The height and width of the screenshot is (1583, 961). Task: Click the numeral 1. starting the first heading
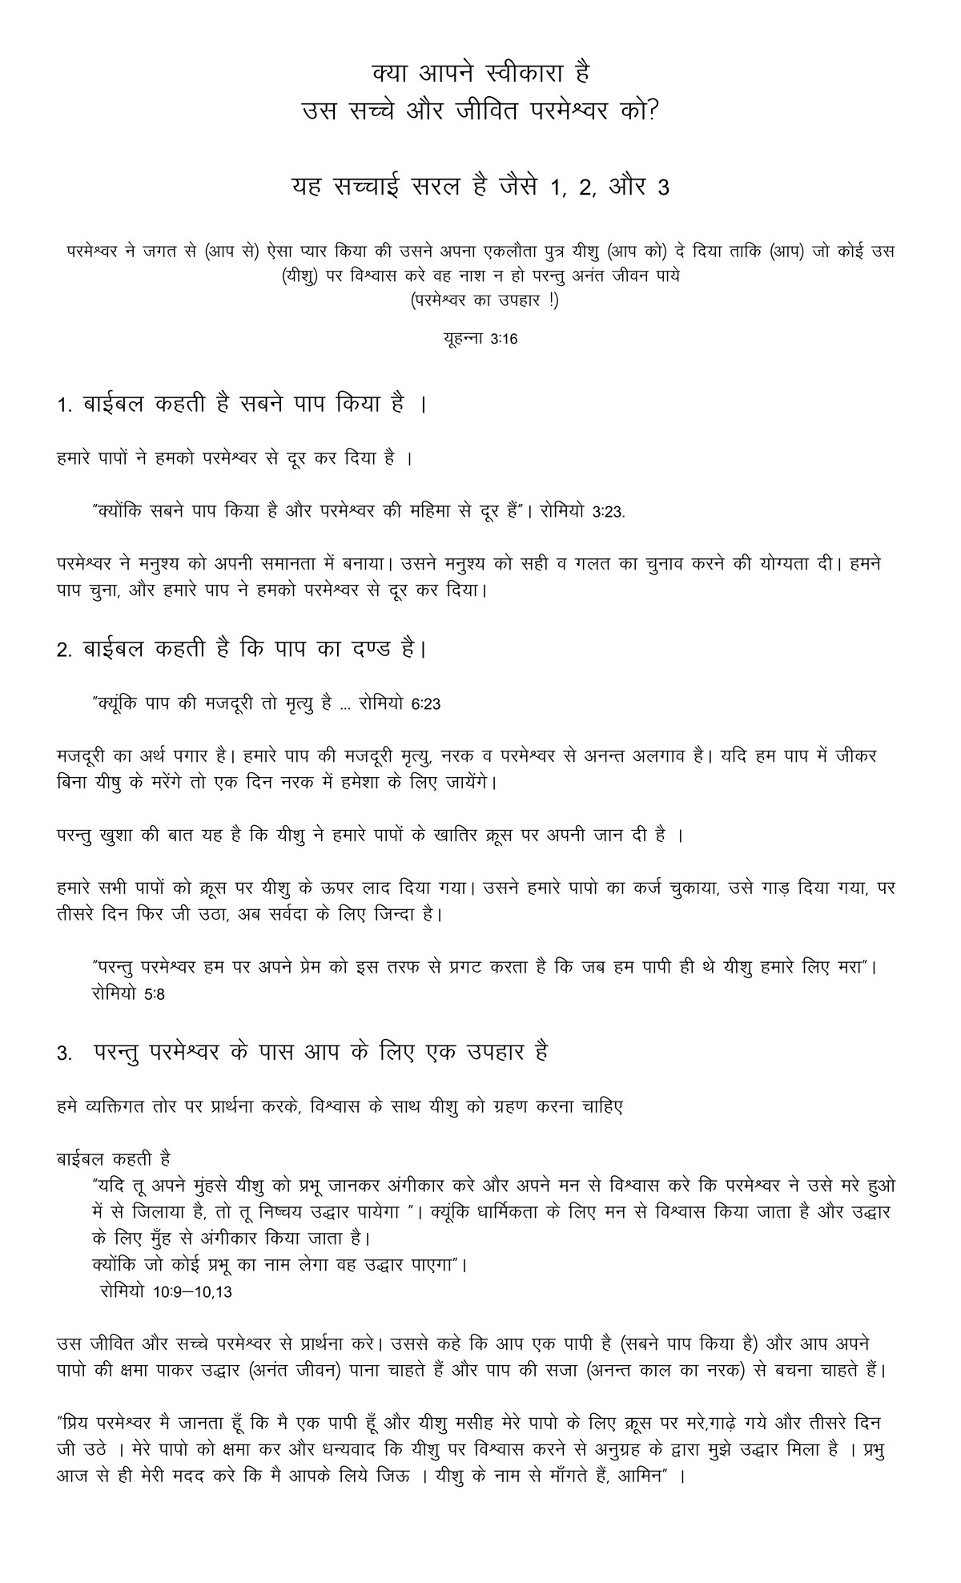tap(65, 406)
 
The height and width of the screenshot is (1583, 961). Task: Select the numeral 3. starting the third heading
tap(65, 1053)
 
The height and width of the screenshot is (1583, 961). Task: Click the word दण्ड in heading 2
tap(380, 649)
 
